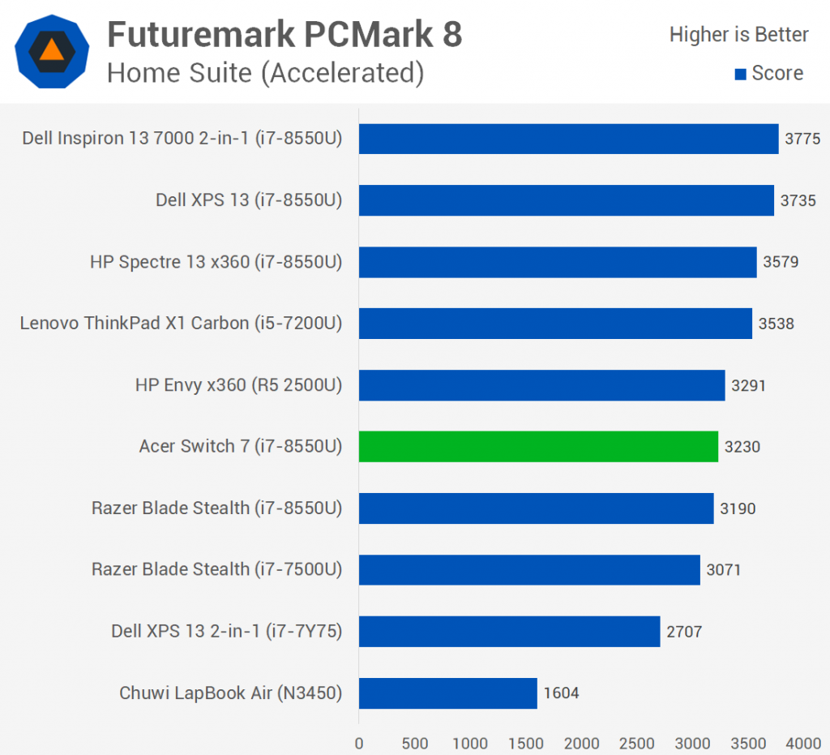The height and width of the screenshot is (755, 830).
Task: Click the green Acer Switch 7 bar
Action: (x=538, y=446)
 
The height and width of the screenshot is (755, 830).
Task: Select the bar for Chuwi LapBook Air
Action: (x=447, y=693)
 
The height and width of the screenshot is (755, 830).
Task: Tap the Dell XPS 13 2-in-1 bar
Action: (x=509, y=631)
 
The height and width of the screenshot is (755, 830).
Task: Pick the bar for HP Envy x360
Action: (x=541, y=384)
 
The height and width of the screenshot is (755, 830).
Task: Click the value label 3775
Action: (x=802, y=139)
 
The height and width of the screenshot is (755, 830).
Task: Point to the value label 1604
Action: (x=561, y=693)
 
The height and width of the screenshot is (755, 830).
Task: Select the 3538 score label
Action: (x=777, y=324)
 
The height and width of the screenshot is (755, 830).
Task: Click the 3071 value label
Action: (x=723, y=570)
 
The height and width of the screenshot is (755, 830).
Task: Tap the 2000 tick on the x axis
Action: (x=582, y=743)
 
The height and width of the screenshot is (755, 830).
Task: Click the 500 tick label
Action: (x=415, y=743)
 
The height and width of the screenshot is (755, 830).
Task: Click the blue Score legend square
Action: (x=739, y=75)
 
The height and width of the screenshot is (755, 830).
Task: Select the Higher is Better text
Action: (x=738, y=35)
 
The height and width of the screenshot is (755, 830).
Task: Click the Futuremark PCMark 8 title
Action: (x=285, y=34)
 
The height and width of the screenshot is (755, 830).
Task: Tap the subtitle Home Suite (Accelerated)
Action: (x=266, y=73)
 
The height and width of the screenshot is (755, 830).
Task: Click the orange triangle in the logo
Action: (x=51, y=49)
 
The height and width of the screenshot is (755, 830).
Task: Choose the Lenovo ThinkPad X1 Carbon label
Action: (x=181, y=324)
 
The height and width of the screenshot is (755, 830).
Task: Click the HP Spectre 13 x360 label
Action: (x=216, y=262)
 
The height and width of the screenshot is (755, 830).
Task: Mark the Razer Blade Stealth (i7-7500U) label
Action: (x=216, y=570)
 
